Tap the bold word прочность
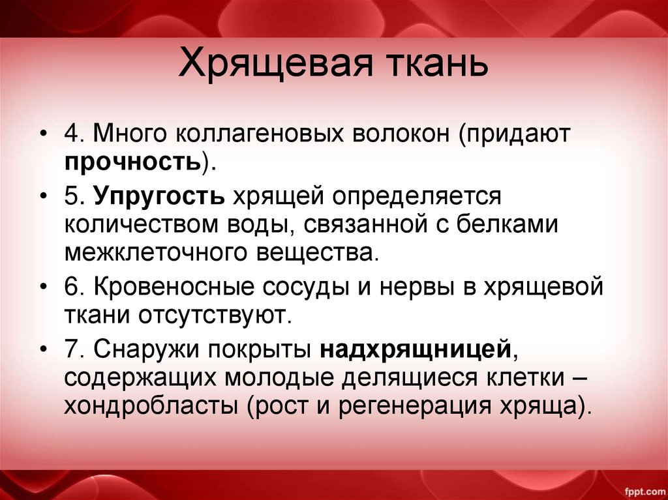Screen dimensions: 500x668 coord(132,160)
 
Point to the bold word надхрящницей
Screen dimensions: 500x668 coord(414,349)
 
